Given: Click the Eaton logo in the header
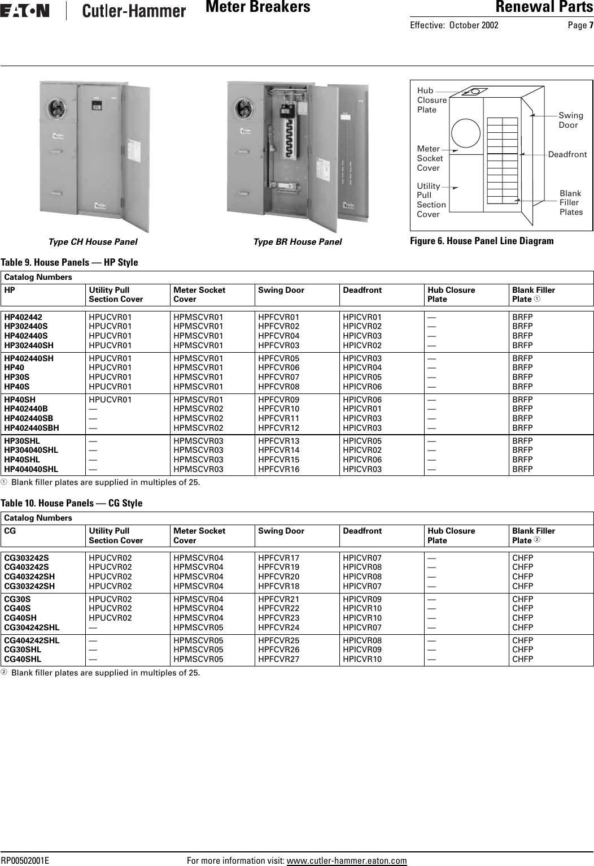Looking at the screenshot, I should (x=25, y=11).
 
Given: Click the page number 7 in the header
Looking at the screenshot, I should (x=591, y=25).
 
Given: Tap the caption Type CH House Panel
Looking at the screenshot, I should (x=93, y=242).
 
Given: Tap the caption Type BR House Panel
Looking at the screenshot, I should (x=298, y=242).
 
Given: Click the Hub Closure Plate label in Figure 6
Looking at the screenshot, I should (x=431, y=100).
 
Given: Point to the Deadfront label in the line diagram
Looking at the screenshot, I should (x=567, y=154).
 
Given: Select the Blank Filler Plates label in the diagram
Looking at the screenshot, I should (x=571, y=202).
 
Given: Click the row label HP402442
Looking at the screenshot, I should (x=23, y=317).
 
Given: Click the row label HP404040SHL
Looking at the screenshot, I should (x=31, y=469).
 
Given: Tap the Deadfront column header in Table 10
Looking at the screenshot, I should (x=362, y=531).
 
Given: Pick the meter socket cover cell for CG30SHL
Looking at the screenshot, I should (x=198, y=649).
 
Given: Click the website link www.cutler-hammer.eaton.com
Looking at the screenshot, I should (x=347, y=860).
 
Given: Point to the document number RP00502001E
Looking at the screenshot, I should (x=25, y=860).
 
